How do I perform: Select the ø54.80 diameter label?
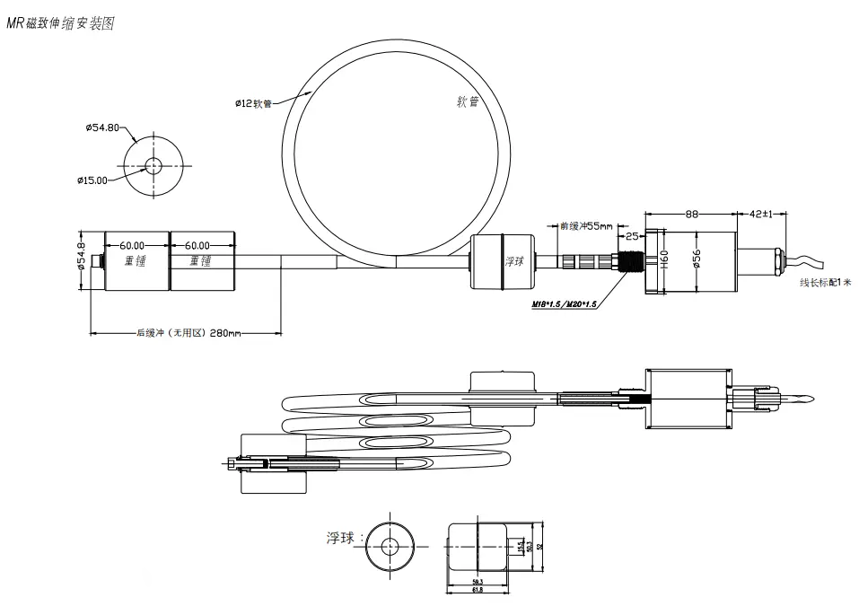pos(101,127)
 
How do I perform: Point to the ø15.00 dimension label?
pos(92,180)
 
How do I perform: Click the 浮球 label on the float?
pos(513,261)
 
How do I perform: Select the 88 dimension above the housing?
pos(692,215)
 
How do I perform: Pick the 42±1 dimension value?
pos(761,215)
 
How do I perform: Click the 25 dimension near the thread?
pos(631,236)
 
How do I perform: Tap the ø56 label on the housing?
pos(697,259)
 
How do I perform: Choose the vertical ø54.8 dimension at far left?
pos(81,259)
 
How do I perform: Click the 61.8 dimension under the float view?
pos(478,590)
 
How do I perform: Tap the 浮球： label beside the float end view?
pos(345,539)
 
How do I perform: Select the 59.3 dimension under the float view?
pos(478,582)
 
